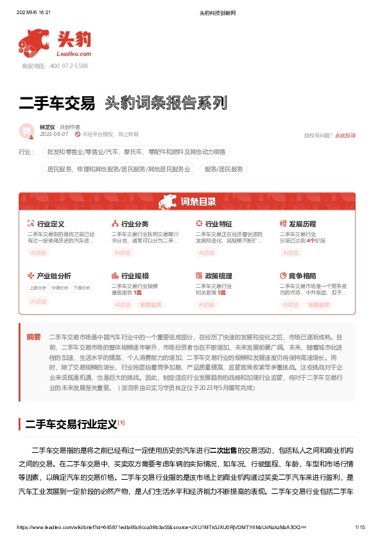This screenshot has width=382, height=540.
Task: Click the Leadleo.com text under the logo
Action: click(x=74, y=55)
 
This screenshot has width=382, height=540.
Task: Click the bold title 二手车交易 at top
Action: click(x=57, y=103)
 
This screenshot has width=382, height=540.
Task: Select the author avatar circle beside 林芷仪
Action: click(x=27, y=131)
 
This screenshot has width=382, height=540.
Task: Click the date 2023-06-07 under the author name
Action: click(x=53, y=135)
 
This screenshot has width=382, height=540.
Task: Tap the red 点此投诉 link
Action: click(x=345, y=135)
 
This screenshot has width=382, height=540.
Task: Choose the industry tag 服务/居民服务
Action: click(x=225, y=169)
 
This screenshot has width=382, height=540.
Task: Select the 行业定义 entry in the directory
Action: click(x=51, y=224)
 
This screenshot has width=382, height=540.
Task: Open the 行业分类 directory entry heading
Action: click(x=135, y=224)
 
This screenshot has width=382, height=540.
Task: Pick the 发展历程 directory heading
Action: click(x=302, y=224)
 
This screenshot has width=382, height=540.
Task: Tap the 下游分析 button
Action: click(x=82, y=288)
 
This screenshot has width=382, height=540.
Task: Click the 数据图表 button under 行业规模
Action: click(x=151, y=305)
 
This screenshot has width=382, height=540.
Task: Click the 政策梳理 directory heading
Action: click(x=219, y=274)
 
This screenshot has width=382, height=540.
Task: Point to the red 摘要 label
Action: click(x=33, y=336)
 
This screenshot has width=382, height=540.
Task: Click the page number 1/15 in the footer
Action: click(x=360, y=527)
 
